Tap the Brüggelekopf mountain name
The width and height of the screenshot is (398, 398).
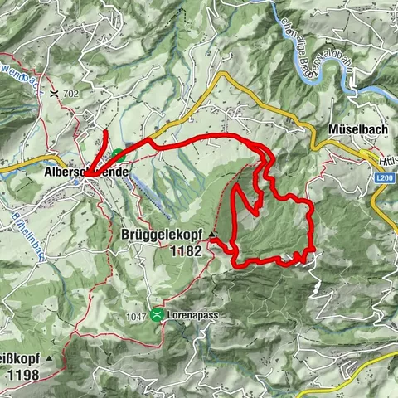164,234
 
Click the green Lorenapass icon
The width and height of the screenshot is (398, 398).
158,314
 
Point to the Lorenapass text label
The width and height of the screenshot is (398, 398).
190,315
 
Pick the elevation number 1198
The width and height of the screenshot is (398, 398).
22,375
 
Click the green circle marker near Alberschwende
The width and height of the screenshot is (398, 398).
119,154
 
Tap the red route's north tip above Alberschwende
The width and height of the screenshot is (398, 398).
108,133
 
